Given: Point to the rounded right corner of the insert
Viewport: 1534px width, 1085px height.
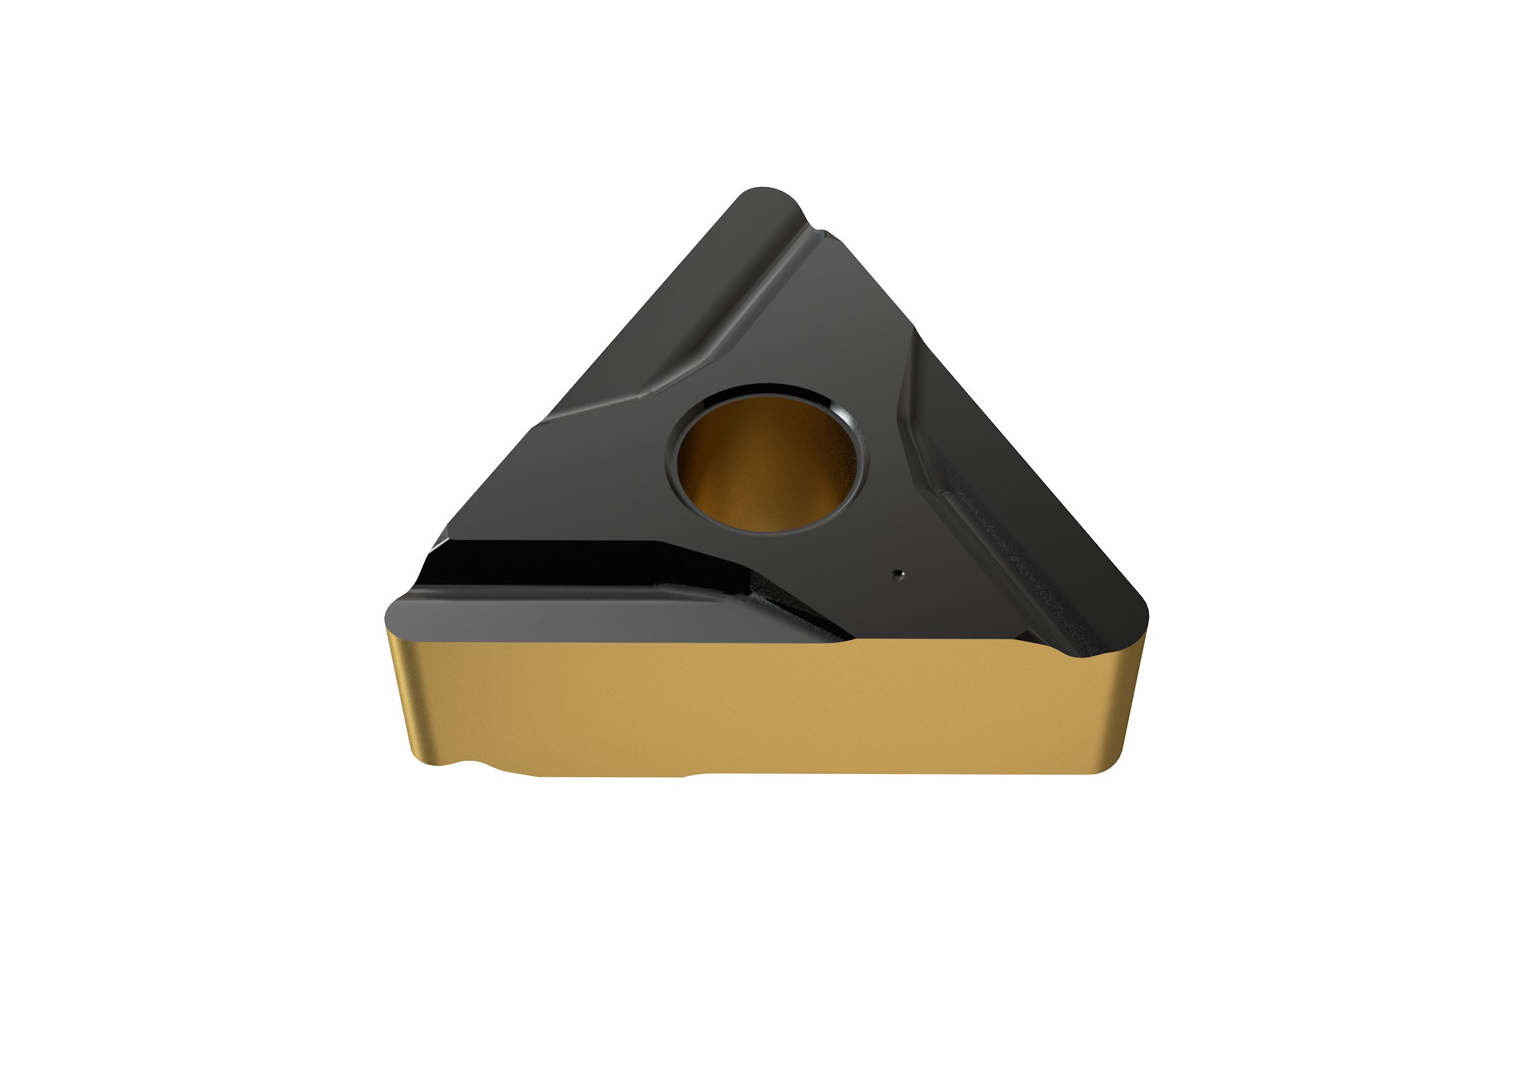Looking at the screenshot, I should pos(1129,618).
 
